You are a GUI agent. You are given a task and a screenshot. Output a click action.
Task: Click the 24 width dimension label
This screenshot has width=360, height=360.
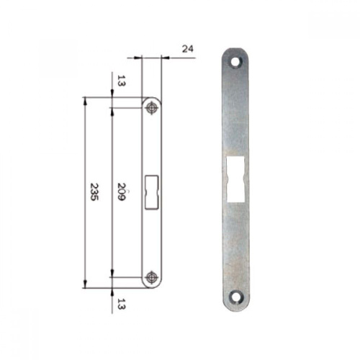[x=188, y=49]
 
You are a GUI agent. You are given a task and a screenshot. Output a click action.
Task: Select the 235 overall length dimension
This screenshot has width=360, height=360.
[x=94, y=192]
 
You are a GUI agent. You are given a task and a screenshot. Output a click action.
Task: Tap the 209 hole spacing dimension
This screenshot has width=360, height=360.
[x=122, y=192]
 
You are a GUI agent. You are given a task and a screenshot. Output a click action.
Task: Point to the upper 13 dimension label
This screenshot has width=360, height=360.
[x=122, y=81]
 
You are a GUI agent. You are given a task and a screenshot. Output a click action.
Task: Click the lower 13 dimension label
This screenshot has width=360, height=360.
[x=122, y=304]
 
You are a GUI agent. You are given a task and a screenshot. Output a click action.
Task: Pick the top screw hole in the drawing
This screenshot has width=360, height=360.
[x=151, y=108]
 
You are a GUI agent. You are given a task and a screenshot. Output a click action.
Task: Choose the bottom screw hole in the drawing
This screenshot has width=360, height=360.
[x=151, y=277]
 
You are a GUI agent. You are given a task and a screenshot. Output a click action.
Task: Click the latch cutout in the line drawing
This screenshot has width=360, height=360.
[x=152, y=192]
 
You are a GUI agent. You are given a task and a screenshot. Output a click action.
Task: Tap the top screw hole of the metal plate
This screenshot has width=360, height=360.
[x=235, y=62]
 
